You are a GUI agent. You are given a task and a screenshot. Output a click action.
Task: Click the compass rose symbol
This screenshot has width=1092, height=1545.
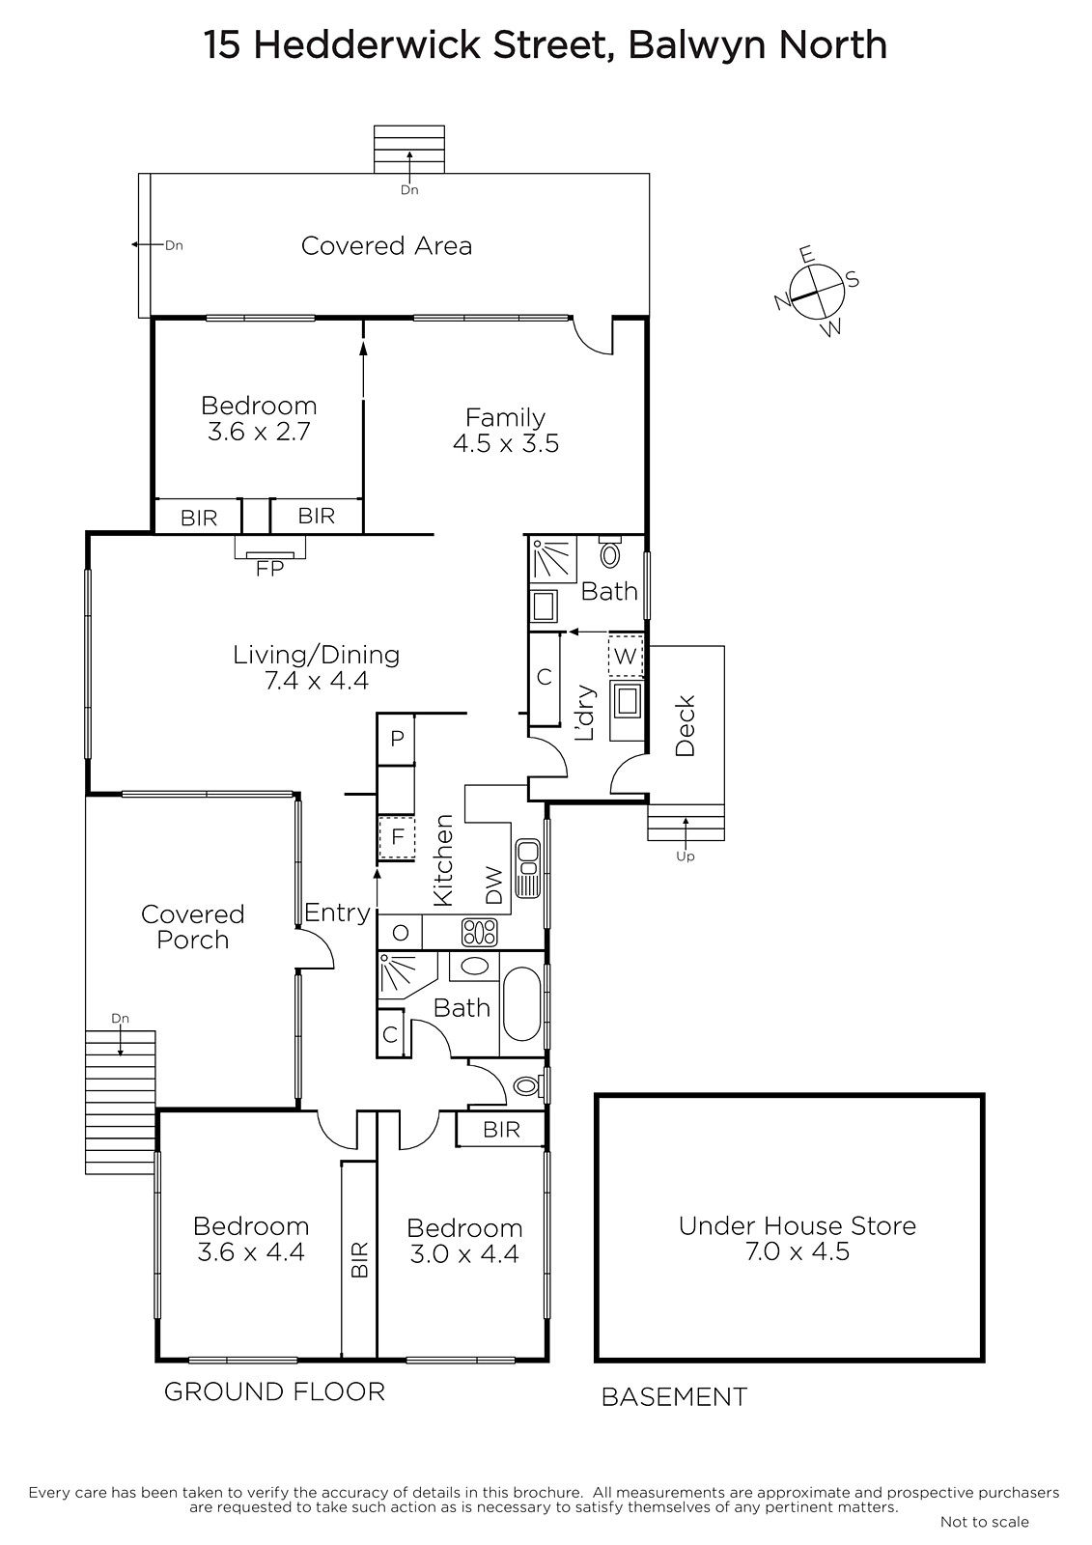pos(817,292)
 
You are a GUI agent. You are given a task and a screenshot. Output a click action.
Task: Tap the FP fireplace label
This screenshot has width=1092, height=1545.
pos(269,569)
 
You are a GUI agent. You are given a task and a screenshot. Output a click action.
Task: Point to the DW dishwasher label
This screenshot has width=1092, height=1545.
pos(495,885)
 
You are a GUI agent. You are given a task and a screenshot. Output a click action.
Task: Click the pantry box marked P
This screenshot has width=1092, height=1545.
pos(396,740)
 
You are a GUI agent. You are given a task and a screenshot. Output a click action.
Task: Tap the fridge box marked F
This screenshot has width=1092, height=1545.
pos(397,837)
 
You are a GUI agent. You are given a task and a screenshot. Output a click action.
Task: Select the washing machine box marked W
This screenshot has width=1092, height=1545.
pos(625,656)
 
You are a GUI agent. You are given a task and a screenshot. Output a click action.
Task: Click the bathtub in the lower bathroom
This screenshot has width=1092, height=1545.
pos(522,1003)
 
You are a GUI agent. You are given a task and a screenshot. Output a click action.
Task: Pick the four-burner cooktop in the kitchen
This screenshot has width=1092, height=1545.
pos(480,932)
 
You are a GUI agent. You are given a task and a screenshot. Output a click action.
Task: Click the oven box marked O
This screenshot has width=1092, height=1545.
pos(400,933)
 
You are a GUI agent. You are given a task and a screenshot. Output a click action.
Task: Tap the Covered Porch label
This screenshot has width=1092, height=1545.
pos(192,926)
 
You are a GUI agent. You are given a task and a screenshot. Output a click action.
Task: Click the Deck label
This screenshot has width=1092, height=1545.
pos(685,725)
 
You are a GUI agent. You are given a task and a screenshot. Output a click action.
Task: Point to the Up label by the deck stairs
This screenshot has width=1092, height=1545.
pos(685,856)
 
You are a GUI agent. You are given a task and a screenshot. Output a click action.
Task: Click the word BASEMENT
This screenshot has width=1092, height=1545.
pos(674,1396)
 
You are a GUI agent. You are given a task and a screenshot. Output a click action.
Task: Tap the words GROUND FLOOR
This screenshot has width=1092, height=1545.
pos(274,1391)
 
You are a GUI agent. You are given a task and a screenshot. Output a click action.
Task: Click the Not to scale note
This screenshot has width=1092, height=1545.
pos(985,1522)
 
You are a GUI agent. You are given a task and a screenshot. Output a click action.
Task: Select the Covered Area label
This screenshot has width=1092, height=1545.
pos(386,245)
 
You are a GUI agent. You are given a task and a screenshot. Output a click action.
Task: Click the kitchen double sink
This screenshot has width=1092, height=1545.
pos(528,868)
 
